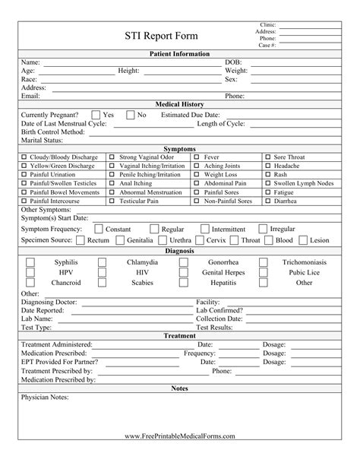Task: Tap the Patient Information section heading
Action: click(x=179, y=54)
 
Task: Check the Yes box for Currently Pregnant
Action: click(x=95, y=115)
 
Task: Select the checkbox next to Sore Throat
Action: click(x=269, y=157)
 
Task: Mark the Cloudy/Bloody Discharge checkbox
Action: click(x=24, y=157)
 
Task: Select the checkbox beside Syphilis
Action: click(x=31, y=262)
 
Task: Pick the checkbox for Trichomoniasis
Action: click(x=264, y=262)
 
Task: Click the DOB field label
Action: click(x=232, y=62)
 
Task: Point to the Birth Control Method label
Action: click(x=52, y=132)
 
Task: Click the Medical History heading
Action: click(x=179, y=104)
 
